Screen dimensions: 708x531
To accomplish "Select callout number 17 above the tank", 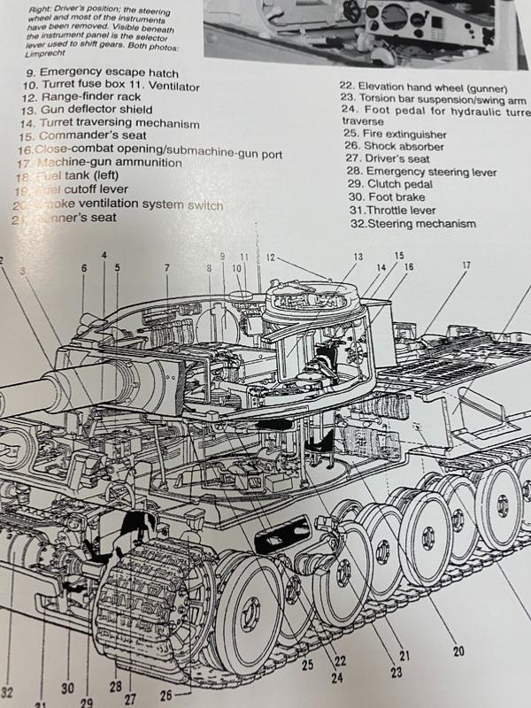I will [466, 265].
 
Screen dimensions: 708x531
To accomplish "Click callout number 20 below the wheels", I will [458, 652].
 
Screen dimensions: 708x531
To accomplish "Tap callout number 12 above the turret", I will [271, 258].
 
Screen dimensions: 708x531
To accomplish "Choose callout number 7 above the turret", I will [165, 267].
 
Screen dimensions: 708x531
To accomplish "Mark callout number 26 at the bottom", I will [165, 696].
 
